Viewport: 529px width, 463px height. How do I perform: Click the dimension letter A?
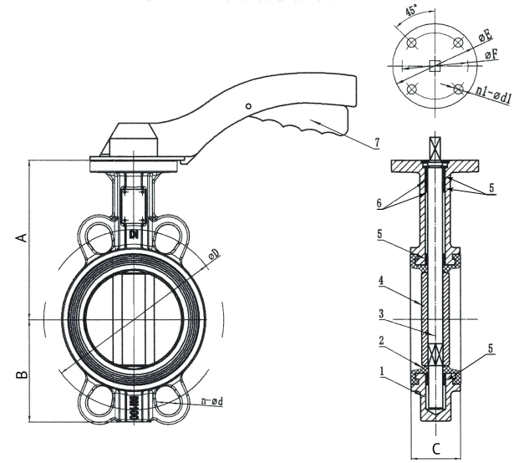[x=24, y=238]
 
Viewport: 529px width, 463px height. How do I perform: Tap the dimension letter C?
[x=436, y=449]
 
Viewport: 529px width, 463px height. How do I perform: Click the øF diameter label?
[x=493, y=55]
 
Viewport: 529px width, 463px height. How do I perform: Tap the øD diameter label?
[x=216, y=253]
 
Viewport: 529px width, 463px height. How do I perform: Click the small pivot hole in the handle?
[x=248, y=106]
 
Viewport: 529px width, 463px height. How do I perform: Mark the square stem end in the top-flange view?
[x=435, y=65]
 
